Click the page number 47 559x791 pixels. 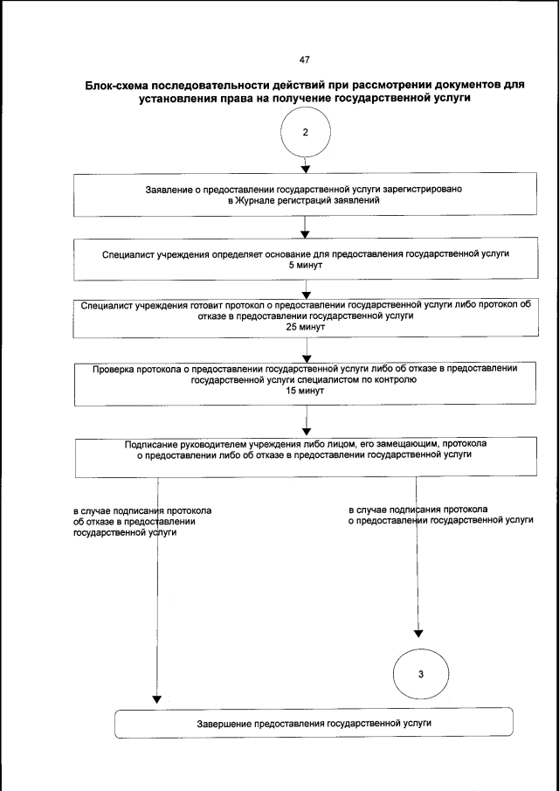[304, 59]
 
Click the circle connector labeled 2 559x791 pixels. [305, 133]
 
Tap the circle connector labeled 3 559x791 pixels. [420, 673]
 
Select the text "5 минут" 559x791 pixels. [305, 264]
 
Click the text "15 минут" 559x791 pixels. [305, 391]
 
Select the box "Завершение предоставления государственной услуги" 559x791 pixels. [313, 724]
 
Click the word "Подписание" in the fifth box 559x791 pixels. [154, 444]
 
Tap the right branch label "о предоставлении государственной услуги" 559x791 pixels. [440, 520]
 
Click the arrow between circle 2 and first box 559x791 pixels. [305, 164]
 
